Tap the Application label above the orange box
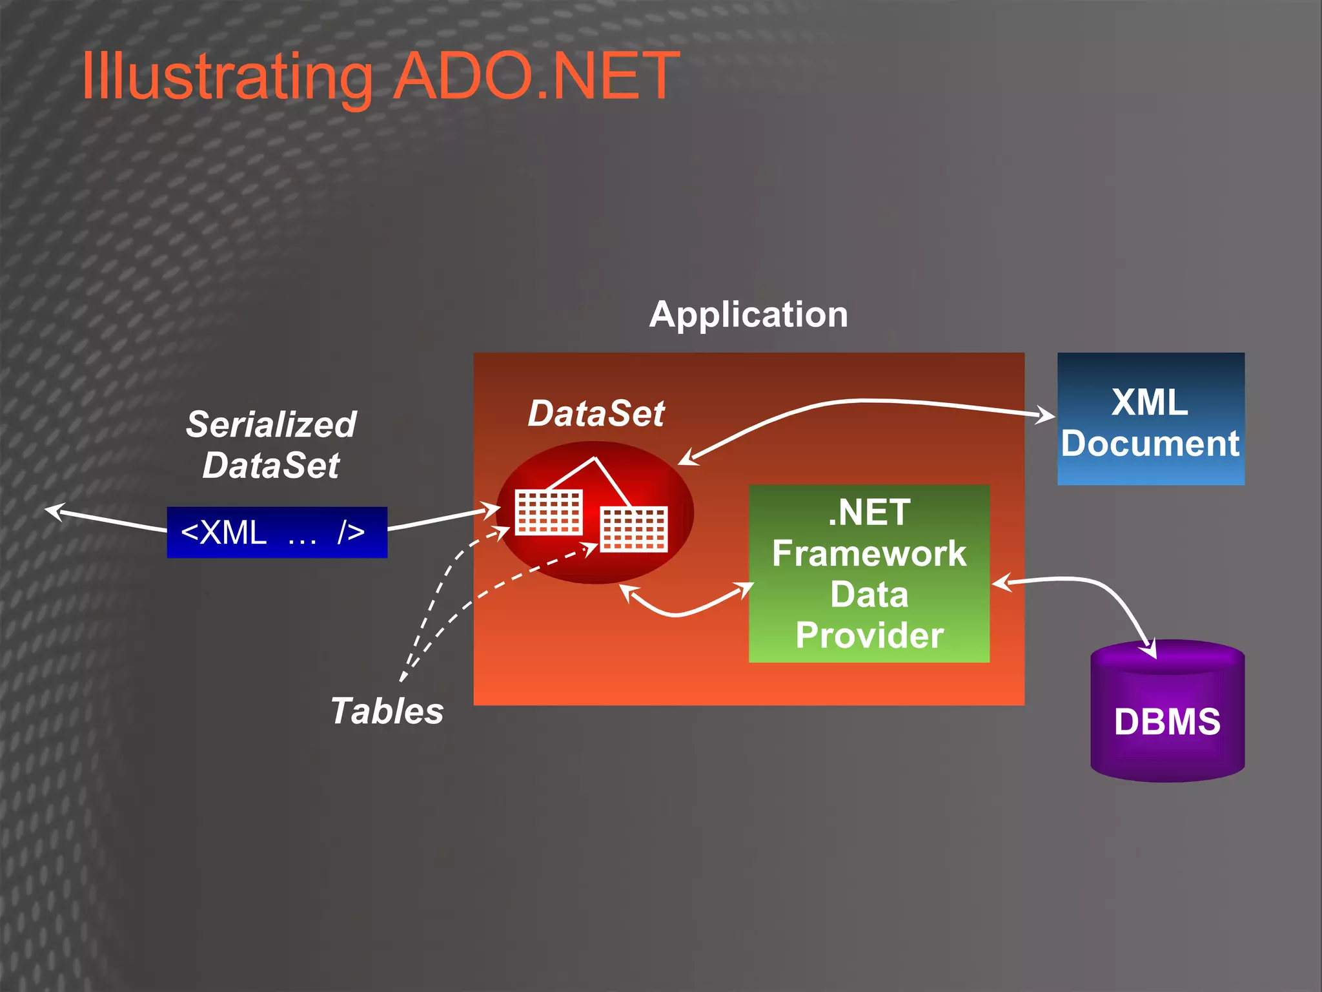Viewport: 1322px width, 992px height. (x=748, y=315)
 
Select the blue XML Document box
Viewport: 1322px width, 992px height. (x=1150, y=418)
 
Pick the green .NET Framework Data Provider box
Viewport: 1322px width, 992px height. (x=869, y=573)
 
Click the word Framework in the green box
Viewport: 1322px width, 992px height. (x=869, y=553)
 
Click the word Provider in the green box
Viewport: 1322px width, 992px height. (x=869, y=635)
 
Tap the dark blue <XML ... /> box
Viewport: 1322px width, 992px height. (x=277, y=532)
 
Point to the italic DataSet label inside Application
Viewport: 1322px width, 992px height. (x=596, y=413)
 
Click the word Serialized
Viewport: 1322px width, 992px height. (x=271, y=424)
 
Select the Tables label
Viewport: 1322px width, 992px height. (x=387, y=711)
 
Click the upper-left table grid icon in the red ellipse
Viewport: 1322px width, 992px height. (x=549, y=512)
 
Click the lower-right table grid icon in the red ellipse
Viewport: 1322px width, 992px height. (x=634, y=529)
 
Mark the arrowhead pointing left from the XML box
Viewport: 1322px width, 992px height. (x=53, y=512)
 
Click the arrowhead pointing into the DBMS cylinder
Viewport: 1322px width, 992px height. (x=1149, y=650)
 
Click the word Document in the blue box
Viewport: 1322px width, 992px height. (x=1150, y=444)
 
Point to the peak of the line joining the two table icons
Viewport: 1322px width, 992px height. (x=595, y=459)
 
